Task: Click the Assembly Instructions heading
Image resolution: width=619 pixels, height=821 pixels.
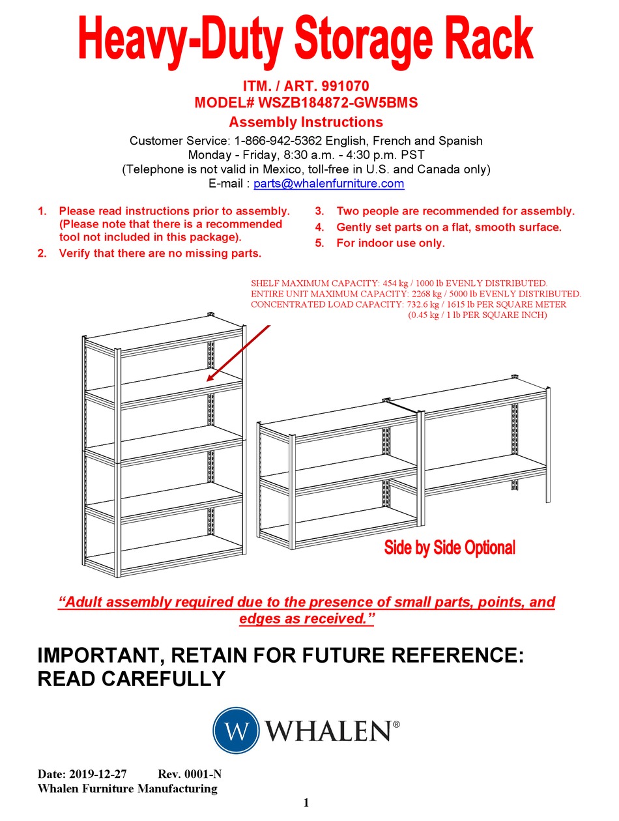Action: click(306, 122)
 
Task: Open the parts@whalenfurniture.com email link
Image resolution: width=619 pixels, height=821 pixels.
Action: click(329, 184)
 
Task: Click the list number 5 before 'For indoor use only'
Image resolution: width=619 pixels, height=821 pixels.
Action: click(319, 243)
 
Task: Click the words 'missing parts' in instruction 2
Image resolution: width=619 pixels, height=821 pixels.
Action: click(224, 253)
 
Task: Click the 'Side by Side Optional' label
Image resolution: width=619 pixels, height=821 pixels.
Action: click(450, 547)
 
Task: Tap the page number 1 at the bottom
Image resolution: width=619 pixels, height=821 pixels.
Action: click(306, 802)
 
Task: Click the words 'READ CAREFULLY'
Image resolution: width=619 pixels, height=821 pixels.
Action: click(132, 679)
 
